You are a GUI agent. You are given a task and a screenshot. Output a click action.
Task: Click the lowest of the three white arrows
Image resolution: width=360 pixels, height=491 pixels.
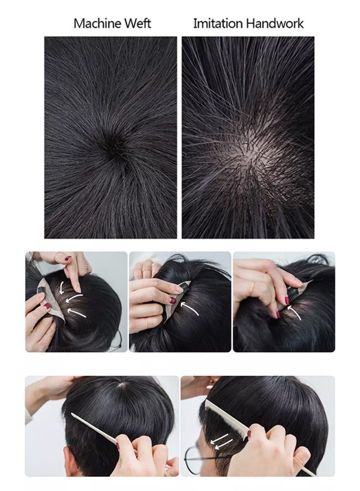(79, 313)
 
